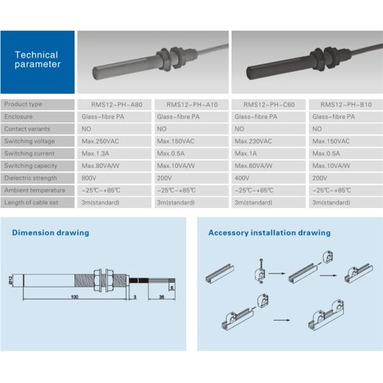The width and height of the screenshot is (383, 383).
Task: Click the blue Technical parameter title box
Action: (38, 62)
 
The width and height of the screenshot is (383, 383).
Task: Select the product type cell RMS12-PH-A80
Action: (114, 105)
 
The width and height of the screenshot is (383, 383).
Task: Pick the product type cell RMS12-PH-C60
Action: (269, 105)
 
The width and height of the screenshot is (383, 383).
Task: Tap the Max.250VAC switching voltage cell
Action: (114, 141)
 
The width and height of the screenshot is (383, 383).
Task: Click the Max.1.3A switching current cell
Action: (114, 153)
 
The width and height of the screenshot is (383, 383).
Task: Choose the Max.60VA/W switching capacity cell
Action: (269, 166)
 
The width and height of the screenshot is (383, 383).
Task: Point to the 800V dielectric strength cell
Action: (114, 178)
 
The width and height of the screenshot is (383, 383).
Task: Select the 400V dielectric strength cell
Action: (269, 178)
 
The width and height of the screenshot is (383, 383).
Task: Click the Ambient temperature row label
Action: (38, 190)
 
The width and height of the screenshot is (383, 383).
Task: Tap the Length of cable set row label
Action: (38, 202)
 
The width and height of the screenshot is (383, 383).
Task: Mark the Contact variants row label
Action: (38, 129)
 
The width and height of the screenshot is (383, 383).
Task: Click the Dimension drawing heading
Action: (50, 233)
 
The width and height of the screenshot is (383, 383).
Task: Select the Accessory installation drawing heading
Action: (269, 233)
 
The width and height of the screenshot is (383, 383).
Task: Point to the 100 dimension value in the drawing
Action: (75, 297)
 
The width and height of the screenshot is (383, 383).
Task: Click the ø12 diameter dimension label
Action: (10, 280)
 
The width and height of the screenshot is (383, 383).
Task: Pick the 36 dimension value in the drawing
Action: (161, 297)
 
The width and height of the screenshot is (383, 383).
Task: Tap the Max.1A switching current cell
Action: (269, 153)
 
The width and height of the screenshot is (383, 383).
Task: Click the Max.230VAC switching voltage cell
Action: (269, 141)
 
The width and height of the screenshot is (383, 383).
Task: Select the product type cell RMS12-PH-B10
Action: (346, 105)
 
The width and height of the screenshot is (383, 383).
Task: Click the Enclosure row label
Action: (38, 117)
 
